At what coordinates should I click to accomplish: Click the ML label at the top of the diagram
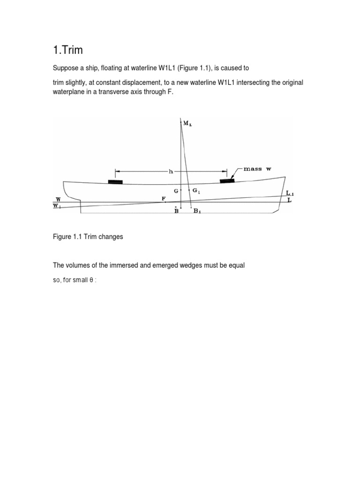[x=187, y=123]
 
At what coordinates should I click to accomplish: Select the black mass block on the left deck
[x=115, y=181]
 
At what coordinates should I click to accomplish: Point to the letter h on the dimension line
[x=171, y=172]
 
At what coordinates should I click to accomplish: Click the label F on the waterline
[x=164, y=199]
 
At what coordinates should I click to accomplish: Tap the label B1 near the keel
[x=198, y=211]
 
